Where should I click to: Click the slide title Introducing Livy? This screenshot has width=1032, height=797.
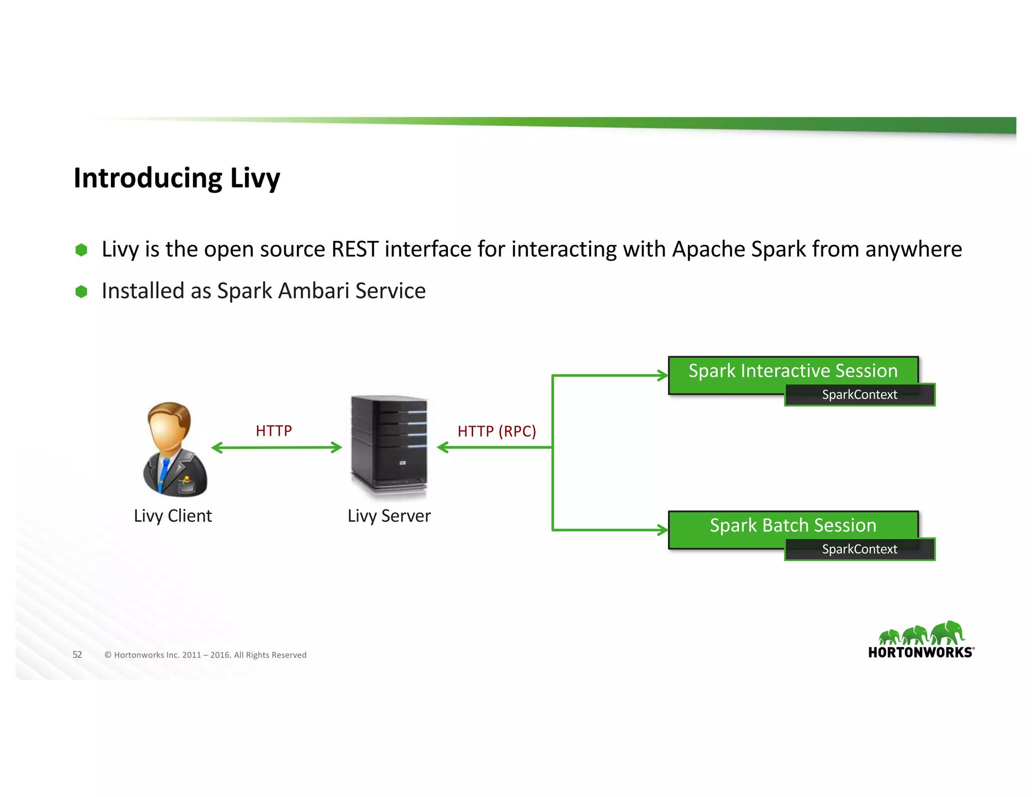tap(176, 178)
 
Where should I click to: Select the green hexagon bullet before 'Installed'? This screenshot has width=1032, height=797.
tap(81, 291)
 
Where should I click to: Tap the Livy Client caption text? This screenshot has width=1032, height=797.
tap(172, 516)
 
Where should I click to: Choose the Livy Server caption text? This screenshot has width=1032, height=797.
tap(389, 516)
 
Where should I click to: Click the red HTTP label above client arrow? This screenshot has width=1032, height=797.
tap(274, 431)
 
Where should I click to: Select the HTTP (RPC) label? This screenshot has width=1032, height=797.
tap(496, 431)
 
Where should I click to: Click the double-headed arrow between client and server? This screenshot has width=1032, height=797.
tap(276, 447)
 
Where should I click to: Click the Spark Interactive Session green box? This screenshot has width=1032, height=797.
tap(793, 371)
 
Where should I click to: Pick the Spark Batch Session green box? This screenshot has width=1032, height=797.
tap(793, 525)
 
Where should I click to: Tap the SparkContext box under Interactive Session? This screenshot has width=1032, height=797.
tap(859, 394)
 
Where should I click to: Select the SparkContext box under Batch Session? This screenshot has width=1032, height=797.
tap(859, 549)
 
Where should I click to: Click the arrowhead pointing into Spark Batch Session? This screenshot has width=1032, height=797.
tap(663, 529)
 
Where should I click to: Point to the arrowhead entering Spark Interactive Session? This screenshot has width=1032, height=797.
tap(663, 375)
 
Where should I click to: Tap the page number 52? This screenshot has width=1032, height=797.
tap(77, 654)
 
